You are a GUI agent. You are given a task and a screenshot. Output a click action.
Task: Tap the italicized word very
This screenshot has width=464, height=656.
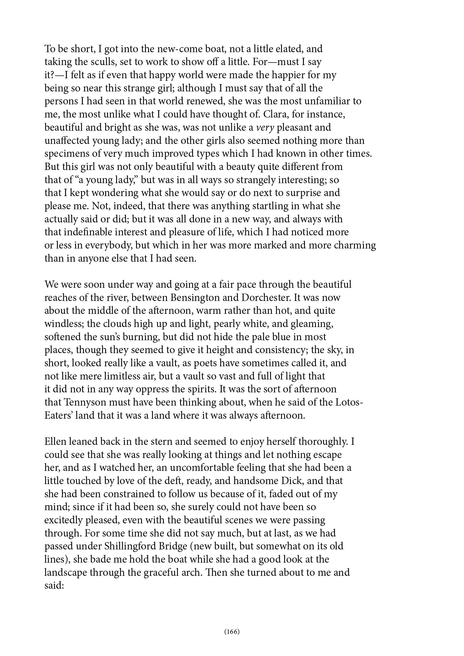(265, 127)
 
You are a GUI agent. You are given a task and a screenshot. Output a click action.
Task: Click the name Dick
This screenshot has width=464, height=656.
(291, 481)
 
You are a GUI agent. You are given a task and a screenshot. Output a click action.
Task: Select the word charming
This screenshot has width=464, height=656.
(355, 245)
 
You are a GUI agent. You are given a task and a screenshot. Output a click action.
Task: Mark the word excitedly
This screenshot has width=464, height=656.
(63, 520)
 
